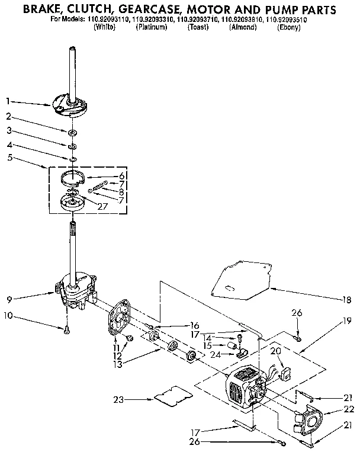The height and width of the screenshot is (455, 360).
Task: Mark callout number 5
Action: coord(9,157)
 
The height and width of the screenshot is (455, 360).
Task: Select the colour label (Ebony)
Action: coord(289,28)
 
